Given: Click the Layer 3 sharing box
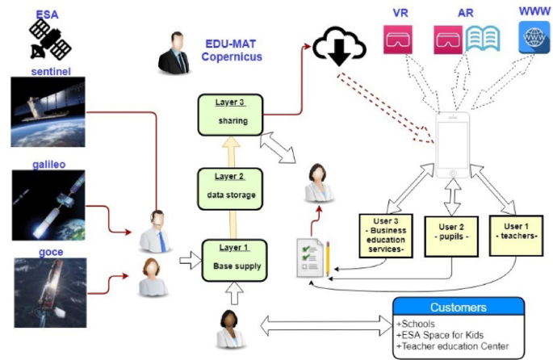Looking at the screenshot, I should coord(232,114).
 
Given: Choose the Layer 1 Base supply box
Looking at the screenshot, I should coord(233,258).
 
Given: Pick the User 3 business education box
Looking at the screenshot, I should coord(385,233).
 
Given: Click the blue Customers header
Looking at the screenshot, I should coord(458,308).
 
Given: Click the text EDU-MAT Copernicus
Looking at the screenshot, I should coord(233,51).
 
